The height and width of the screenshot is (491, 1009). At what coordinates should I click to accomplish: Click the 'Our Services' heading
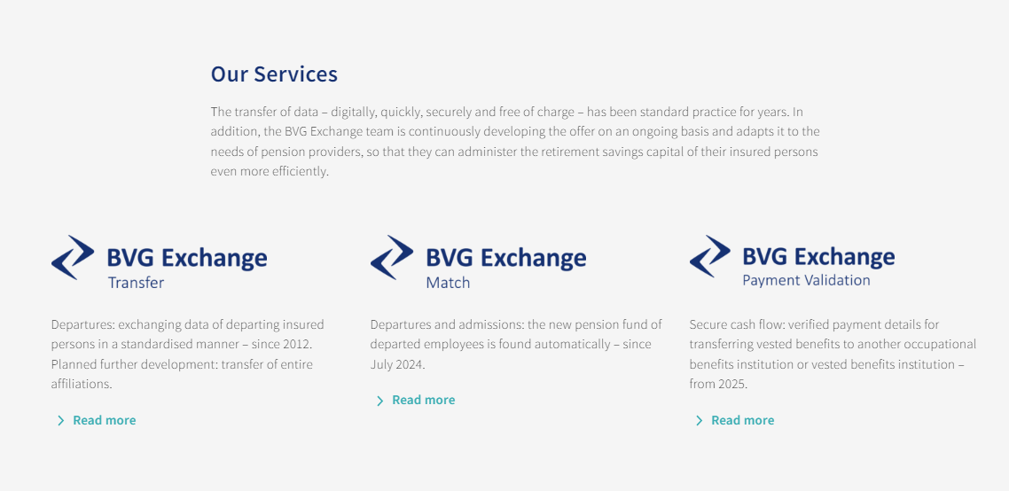tap(274, 74)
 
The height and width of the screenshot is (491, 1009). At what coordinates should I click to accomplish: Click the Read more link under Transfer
tap(104, 420)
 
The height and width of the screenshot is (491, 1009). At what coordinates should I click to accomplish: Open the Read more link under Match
tap(423, 401)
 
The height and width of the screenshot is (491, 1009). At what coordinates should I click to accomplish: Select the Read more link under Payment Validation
tap(742, 420)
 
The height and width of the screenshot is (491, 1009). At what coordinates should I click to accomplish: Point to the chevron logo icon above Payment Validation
tap(710, 256)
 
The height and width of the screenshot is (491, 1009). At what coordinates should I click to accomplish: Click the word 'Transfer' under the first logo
tap(136, 283)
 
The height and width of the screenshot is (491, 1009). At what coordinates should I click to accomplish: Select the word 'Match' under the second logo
tap(448, 283)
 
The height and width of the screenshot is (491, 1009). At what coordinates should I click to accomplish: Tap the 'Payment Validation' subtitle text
tap(806, 280)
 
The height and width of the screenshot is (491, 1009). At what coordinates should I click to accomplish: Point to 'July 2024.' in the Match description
tap(398, 364)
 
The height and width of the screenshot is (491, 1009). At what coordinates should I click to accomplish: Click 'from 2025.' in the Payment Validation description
tap(718, 384)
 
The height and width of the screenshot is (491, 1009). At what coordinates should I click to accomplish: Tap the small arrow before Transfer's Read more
tap(60, 420)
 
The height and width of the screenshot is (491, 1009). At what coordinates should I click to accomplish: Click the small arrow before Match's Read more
tap(379, 401)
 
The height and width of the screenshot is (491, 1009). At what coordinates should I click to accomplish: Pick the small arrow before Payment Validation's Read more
tap(699, 420)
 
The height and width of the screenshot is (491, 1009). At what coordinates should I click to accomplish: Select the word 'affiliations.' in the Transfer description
tap(82, 384)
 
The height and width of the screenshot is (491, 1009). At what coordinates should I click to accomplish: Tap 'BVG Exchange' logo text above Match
tap(505, 258)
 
